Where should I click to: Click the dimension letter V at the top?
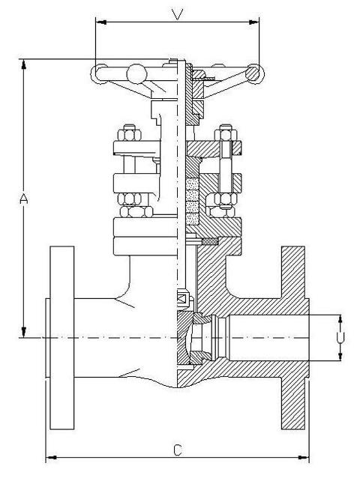coord(177,14)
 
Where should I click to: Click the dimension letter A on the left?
coord(24,199)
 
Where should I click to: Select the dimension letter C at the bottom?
coord(178,450)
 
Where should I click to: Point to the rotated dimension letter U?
coord(340,338)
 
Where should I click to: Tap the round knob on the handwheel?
coord(136,73)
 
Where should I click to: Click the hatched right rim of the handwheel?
coord(254,73)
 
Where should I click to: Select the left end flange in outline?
coord(62,338)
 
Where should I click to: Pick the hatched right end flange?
coord(293,338)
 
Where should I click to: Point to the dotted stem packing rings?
coord(192,202)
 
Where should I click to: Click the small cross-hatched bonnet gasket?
coord(210,241)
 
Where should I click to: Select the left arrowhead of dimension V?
coord(101,22)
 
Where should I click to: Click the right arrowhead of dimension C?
coord(304,457)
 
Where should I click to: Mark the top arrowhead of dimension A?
coord(24,64)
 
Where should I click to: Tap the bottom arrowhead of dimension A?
coord(24,332)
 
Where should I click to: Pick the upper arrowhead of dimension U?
coord(340,320)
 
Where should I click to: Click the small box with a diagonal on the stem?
coord(183,297)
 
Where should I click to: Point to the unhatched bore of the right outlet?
coord(268,338)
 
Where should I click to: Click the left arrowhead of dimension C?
coord(51,457)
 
